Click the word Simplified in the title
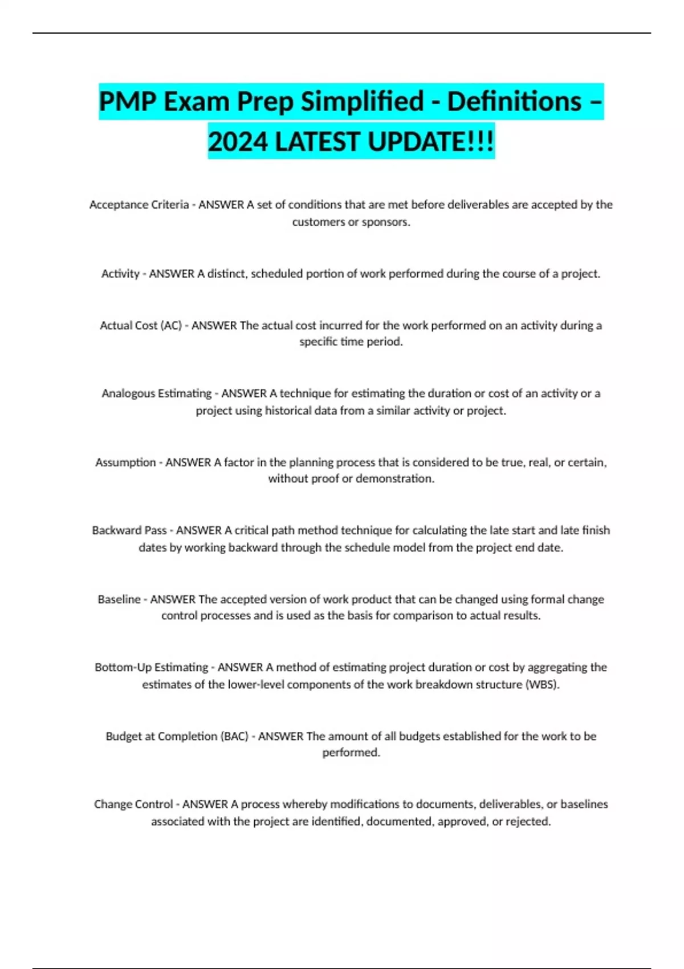(362, 102)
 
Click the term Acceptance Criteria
(139, 205)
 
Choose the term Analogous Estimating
(157, 393)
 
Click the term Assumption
(125, 462)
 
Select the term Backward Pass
(129, 531)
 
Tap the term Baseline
(119, 599)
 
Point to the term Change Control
(133, 804)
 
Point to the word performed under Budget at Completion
(351, 752)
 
